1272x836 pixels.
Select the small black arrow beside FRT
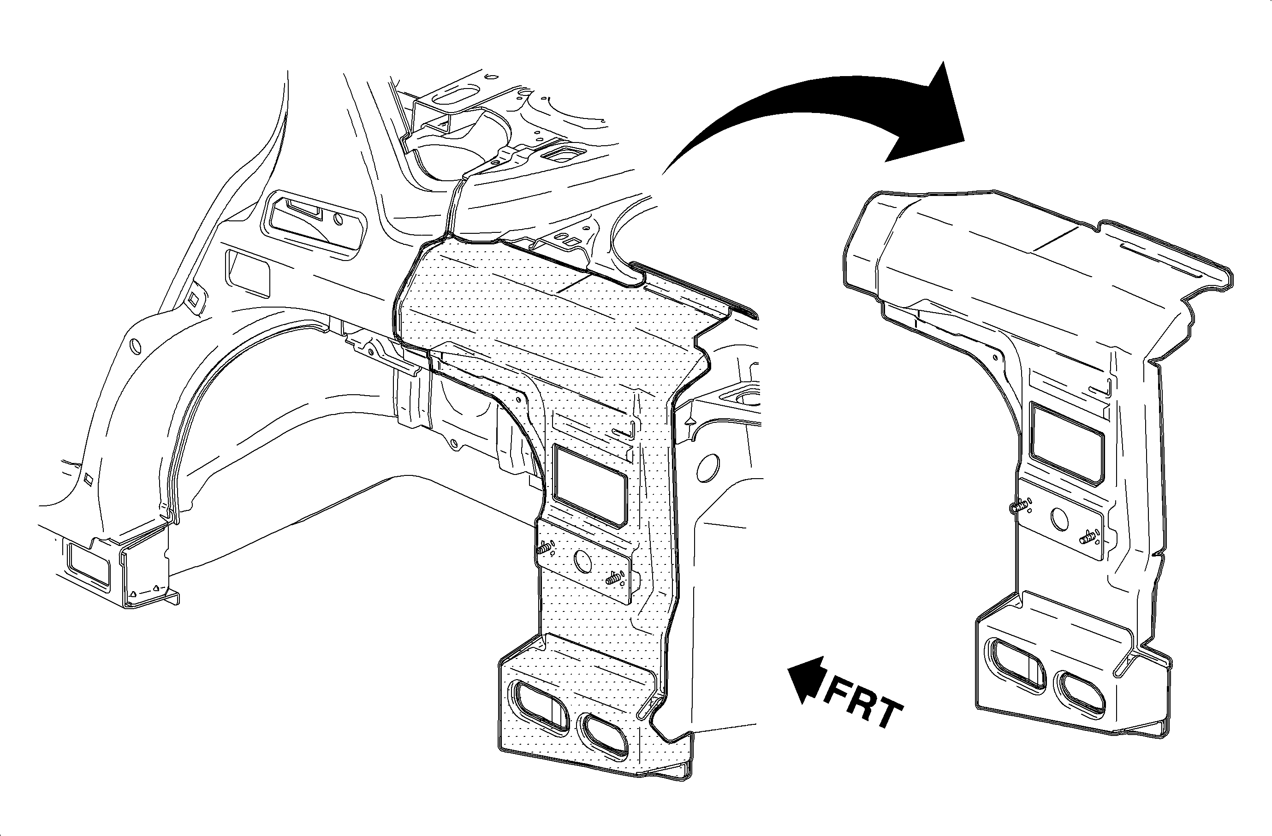click(x=804, y=678)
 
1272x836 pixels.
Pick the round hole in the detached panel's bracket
click(x=1060, y=518)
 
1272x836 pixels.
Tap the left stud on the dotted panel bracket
click(x=544, y=548)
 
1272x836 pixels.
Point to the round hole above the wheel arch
click(x=135, y=346)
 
